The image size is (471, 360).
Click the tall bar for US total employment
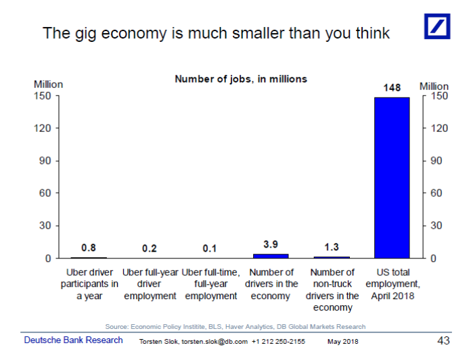392,177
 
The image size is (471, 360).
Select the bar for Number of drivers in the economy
271,256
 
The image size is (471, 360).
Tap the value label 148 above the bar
392,88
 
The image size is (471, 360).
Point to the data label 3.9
271,244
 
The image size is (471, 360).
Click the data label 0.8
89,248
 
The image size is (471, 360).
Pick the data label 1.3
332,248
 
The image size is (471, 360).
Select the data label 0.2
150,249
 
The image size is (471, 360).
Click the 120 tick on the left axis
43,129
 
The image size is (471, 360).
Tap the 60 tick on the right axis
437,194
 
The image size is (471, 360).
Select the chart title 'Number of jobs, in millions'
241,79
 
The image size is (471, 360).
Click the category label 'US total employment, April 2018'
392,284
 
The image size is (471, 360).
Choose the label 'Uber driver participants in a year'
89,284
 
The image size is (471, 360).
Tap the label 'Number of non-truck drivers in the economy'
332,290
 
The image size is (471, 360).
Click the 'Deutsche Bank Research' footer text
74,340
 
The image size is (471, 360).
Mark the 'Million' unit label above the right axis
434,86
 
